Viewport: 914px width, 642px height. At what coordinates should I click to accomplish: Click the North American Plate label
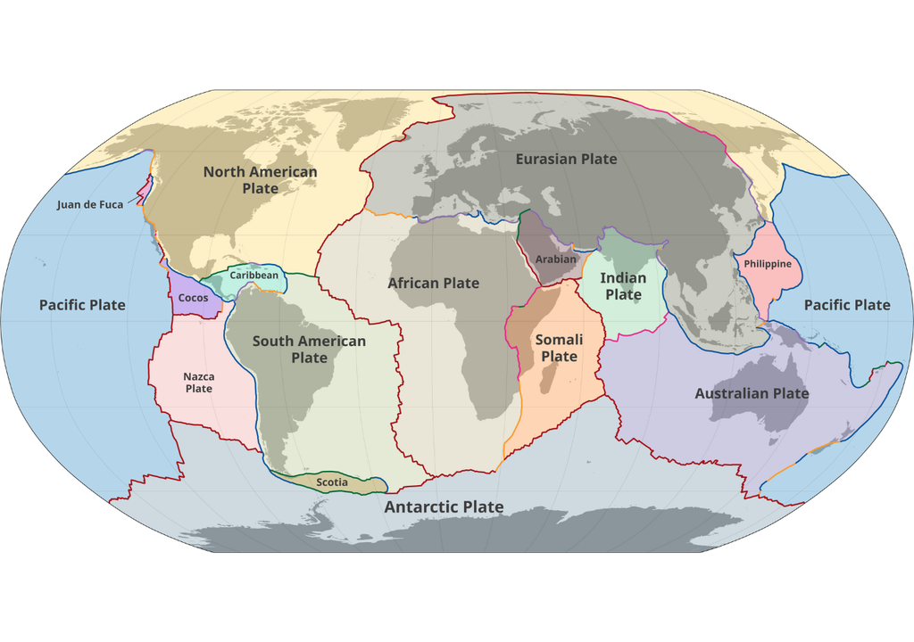260,180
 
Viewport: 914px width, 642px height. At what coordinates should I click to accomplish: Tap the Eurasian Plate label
566,159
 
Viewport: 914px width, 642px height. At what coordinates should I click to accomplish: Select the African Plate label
433,283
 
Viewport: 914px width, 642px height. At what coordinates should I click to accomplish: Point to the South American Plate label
309,349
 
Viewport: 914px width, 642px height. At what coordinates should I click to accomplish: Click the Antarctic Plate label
444,506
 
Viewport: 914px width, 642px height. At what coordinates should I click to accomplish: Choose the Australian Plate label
752,393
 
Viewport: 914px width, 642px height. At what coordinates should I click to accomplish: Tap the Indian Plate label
623,286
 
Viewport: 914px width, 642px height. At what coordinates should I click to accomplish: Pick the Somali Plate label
559,348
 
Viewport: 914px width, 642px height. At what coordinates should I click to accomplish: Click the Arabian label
556,259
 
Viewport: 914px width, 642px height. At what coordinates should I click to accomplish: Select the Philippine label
768,264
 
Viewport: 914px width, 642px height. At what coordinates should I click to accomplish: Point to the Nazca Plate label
198,383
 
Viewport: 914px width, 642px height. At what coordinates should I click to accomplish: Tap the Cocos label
194,298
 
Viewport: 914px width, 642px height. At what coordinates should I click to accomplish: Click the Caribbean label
253,276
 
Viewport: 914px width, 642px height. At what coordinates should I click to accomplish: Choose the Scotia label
332,482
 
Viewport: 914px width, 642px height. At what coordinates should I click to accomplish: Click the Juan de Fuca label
90,204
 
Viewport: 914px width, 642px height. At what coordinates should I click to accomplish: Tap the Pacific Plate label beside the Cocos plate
82,305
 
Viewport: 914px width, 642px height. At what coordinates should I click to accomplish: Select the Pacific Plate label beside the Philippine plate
846,305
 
